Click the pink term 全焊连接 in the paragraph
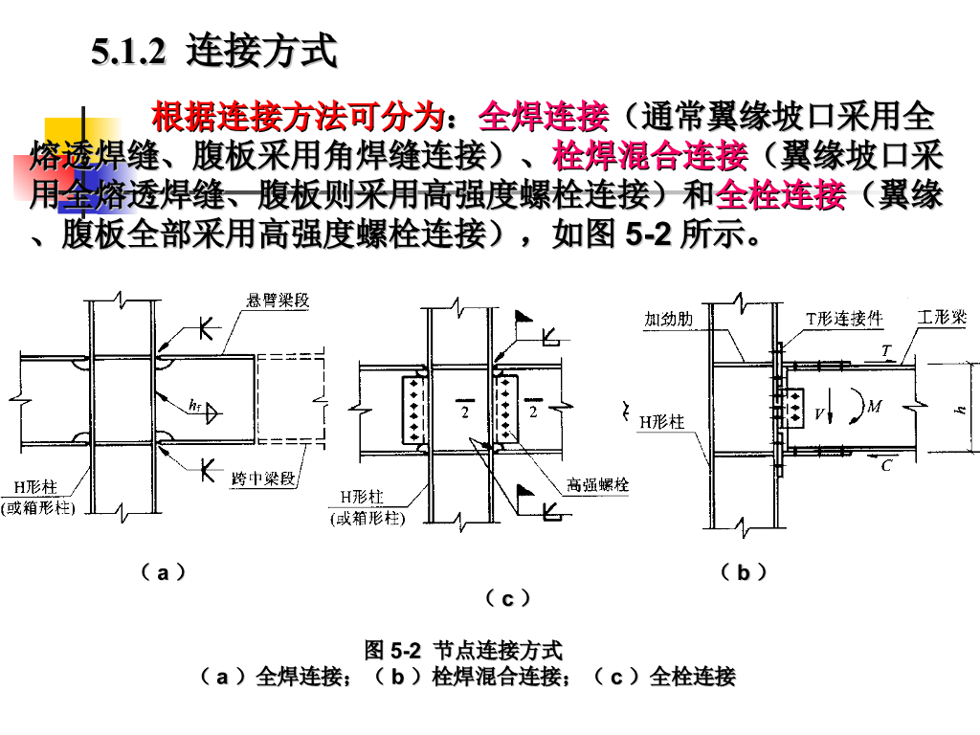(x=544, y=118)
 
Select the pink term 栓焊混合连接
(x=650, y=156)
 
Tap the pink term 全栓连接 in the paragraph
(x=780, y=195)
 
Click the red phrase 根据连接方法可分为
(x=300, y=118)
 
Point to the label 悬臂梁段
(x=278, y=302)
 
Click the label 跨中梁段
(x=263, y=477)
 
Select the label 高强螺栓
(x=597, y=485)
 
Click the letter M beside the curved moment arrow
(x=874, y=407)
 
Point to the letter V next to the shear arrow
(x=819, y=415)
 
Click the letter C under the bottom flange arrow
(x=886, y=466)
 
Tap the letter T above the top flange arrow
(x=886, y=351)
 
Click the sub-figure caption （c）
(x=508, y=599)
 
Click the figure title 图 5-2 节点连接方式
(x=463, y=651)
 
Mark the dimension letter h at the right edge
(x=961, y=410)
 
